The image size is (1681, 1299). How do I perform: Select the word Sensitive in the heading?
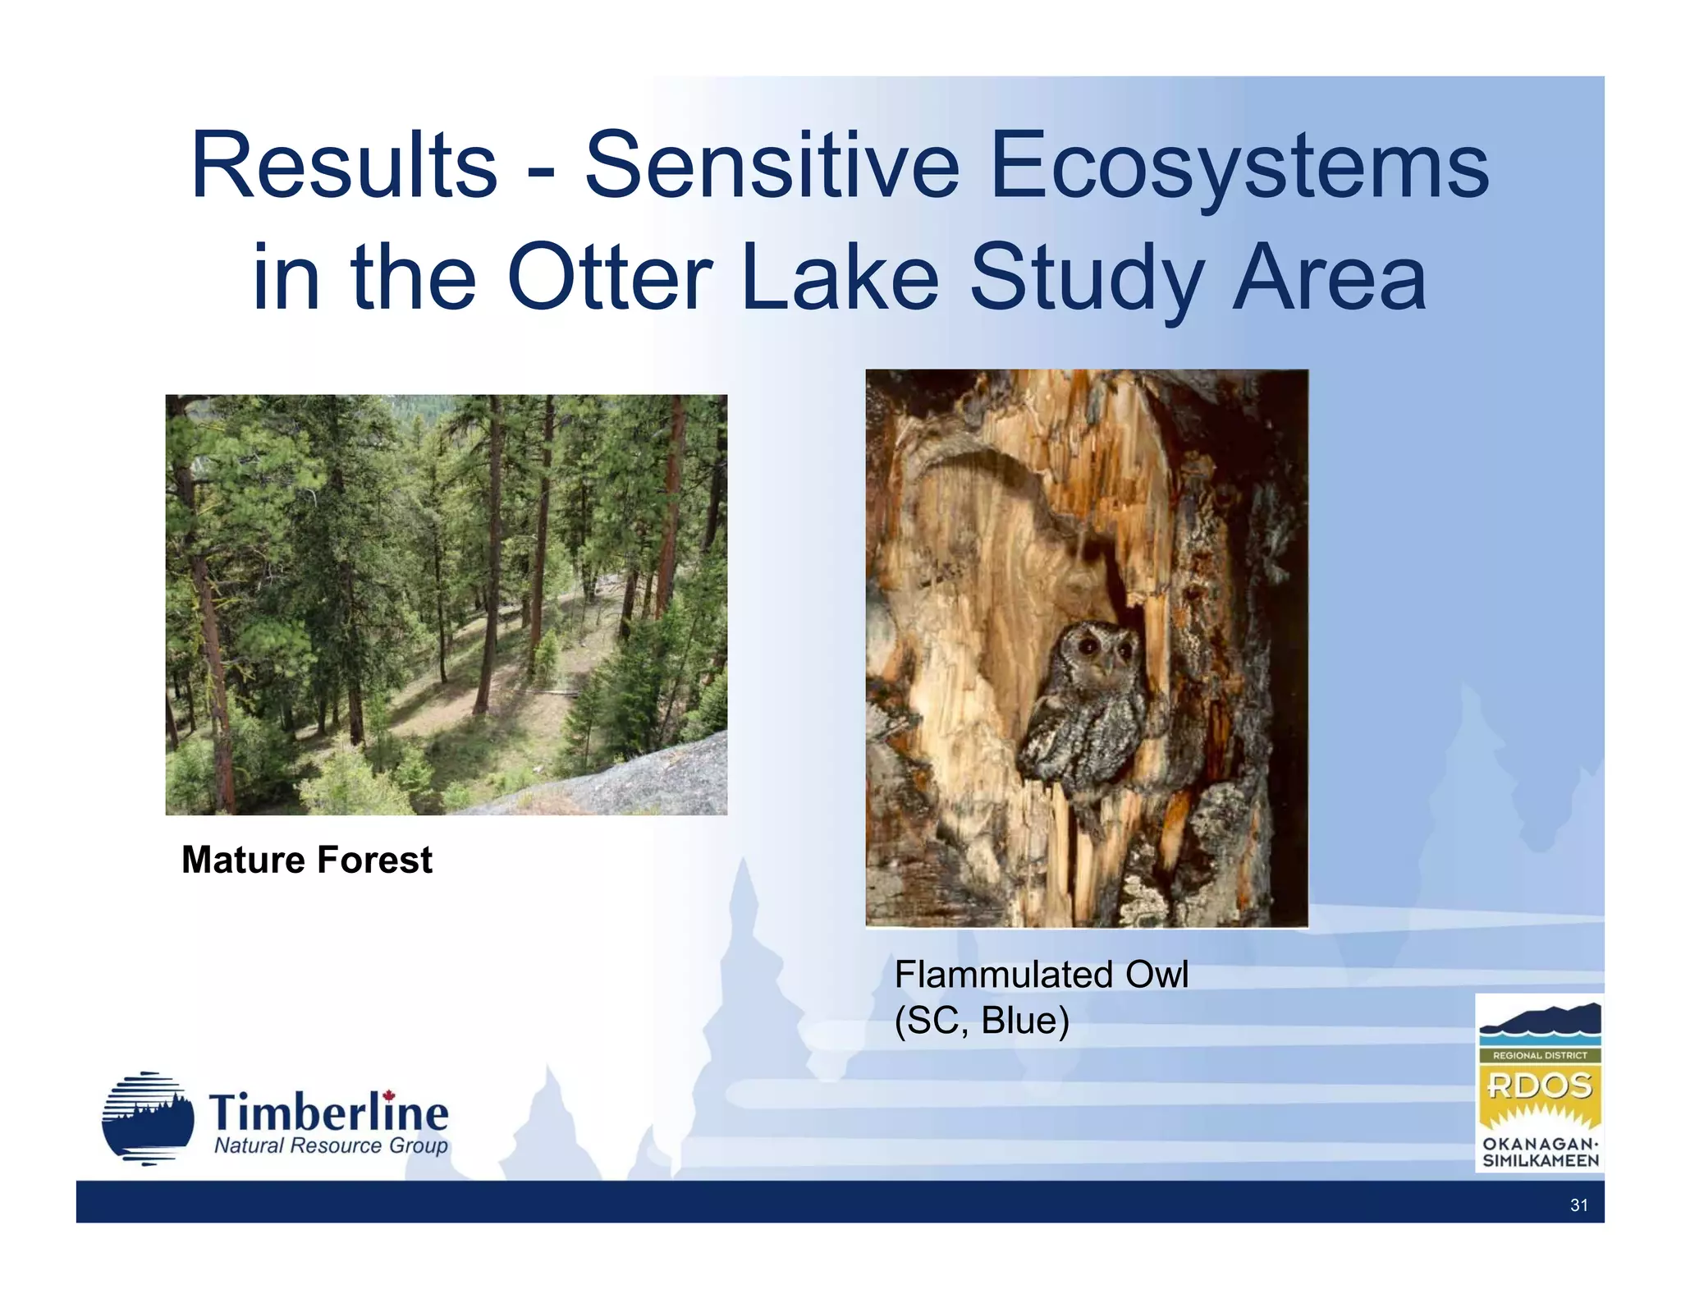click(x=772, y=166)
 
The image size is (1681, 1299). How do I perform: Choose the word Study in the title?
click(x=1088, y=279)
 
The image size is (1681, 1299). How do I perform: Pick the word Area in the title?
click(x=1329, y=279)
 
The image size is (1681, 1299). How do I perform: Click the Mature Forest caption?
click(x=306, y=860)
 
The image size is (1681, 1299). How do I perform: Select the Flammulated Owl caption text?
click(x=1041, y=975)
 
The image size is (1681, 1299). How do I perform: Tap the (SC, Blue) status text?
click(x=982, y=1021)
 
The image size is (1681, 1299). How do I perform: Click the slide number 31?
click(x=1578, y=1205)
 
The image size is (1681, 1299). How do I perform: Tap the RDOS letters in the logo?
click(x=1539, y=1086)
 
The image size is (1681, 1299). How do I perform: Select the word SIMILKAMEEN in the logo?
click(x=1540, y=1161)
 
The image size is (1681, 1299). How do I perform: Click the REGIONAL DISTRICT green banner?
click(x=1540, y=1055)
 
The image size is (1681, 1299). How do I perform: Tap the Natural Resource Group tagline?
click(x=331, y=1145)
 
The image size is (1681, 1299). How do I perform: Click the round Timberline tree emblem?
click(x=148, y=1118)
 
